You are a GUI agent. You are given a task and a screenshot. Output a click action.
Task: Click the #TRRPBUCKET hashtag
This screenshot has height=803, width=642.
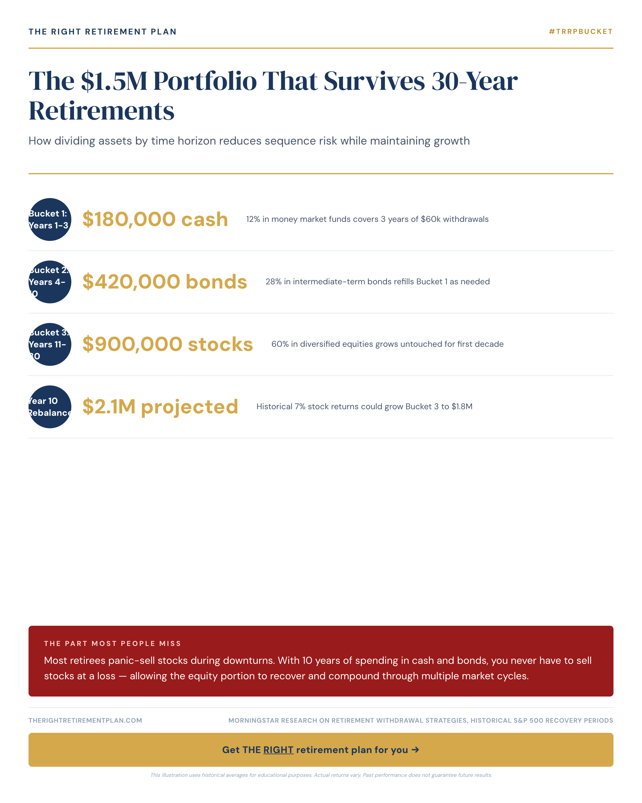pos(580,32)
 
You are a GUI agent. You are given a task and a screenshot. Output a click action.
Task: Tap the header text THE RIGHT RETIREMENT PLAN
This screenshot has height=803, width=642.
pos(102,32)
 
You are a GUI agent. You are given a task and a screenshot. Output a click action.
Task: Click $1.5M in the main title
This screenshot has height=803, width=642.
pos(114,81)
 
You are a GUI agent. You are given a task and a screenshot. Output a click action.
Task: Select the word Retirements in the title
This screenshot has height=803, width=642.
pos(101,111)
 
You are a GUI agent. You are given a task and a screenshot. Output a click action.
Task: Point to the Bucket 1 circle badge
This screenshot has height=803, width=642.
pos(50,219)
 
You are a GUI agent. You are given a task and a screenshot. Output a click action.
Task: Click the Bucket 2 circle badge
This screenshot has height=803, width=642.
pos(50,282)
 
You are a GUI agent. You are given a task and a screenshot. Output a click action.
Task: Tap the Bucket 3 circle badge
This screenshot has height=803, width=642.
pos(50,344)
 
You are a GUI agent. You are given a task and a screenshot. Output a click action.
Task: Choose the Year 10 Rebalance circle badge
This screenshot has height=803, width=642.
pos(50,407)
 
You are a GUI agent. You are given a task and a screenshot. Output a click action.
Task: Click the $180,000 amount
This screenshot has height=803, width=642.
pos(129,219)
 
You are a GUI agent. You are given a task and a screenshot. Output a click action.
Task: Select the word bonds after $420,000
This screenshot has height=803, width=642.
pos(216,282)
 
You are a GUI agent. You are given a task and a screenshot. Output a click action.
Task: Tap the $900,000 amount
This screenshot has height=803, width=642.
pos(132,344)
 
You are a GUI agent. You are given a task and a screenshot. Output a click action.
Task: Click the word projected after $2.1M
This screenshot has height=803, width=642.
pos(189,407)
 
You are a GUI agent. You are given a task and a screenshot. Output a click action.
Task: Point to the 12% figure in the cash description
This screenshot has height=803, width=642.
pos(253,219)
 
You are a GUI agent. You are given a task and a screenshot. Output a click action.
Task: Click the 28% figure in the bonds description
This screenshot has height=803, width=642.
pos(273,282)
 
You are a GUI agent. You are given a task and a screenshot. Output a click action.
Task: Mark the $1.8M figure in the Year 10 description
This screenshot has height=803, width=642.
pos(462,407)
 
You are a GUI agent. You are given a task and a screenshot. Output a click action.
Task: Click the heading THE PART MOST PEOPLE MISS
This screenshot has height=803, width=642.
pos(112,644)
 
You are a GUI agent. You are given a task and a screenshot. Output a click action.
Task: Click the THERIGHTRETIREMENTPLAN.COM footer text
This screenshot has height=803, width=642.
pos(85,721)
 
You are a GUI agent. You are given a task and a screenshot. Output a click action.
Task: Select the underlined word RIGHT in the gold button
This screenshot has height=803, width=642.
pos(278,750)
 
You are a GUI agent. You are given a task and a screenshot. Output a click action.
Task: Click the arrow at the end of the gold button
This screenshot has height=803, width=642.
pos(415,750)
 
